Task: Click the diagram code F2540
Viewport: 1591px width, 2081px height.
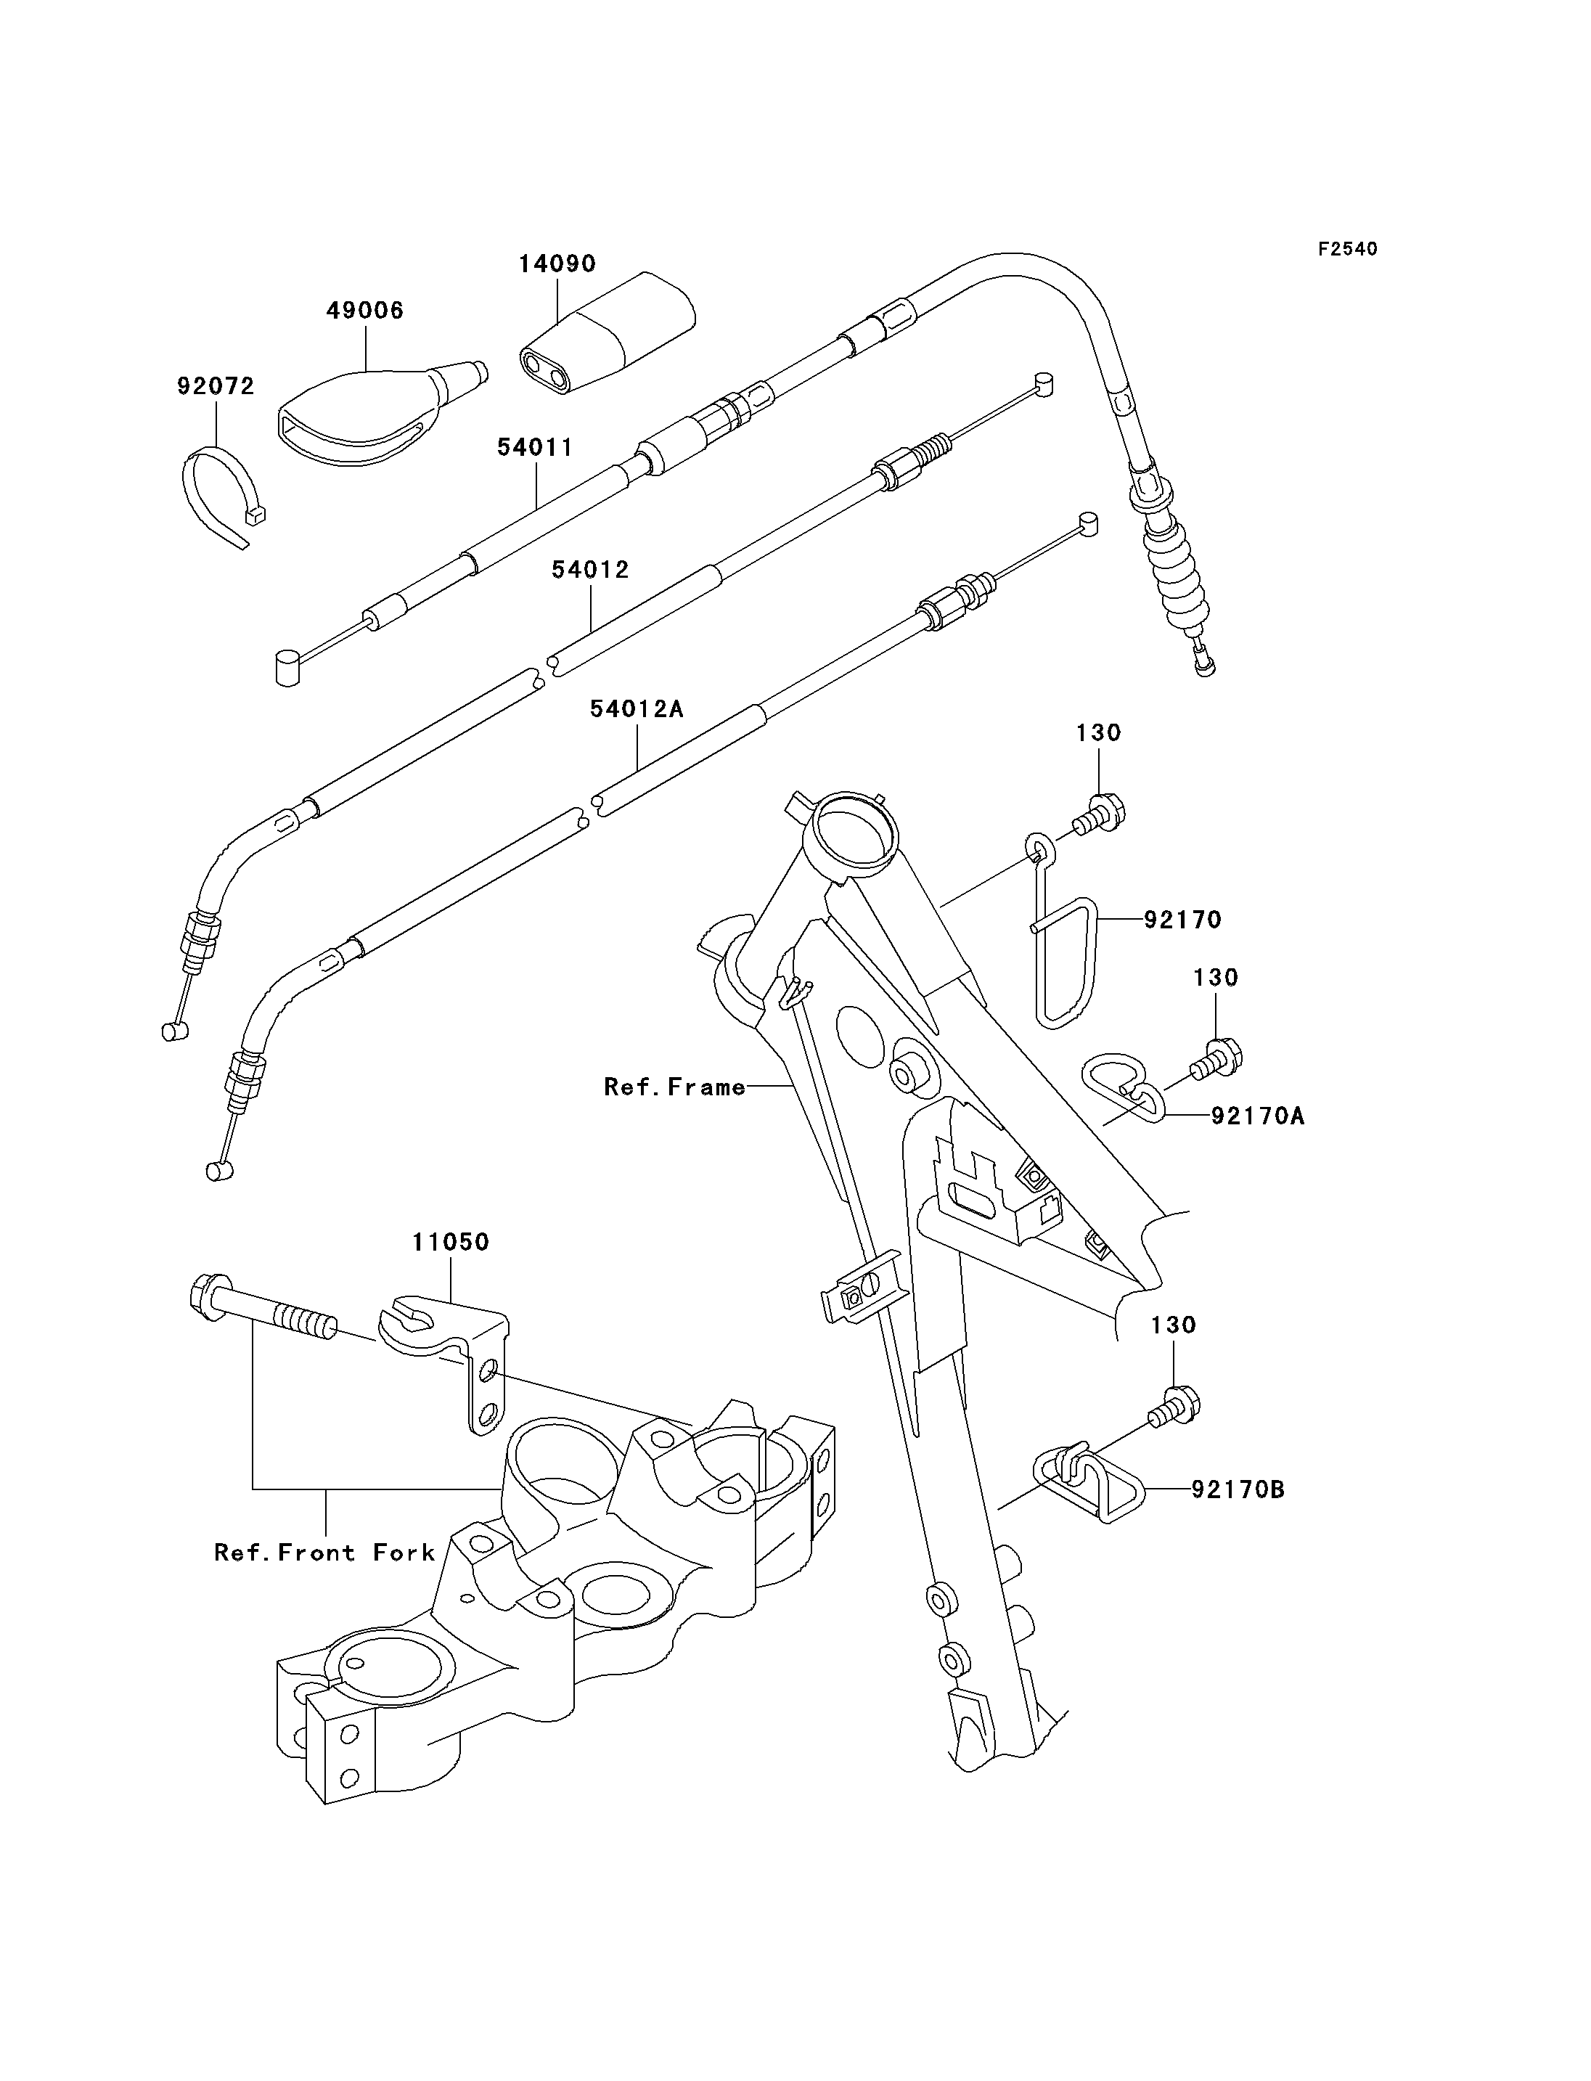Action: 1348,249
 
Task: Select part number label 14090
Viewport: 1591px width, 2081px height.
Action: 557,263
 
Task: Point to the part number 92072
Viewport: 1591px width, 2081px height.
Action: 216,385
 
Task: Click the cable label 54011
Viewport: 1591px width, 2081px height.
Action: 535,447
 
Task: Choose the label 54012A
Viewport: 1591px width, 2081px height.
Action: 637,708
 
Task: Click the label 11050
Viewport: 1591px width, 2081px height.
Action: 450,1242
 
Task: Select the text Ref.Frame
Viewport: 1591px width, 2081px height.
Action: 674,1087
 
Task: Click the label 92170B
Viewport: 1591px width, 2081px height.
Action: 1238,1490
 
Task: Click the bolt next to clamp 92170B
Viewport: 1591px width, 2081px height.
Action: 1174,1406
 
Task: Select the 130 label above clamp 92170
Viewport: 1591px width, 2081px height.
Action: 1099,732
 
